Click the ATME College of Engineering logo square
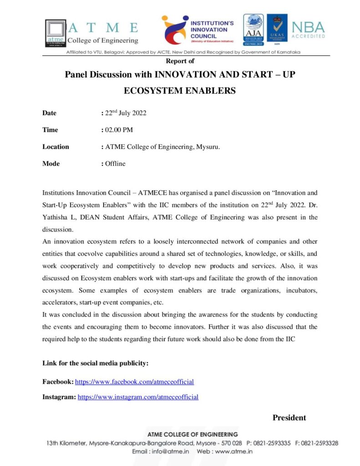point(55,31)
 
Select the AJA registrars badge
point(253,29)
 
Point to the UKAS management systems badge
point(277,29)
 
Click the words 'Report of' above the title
point(180,61)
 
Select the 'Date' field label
point(49,113)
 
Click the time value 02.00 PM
point(119,130)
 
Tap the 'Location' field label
point(56,147)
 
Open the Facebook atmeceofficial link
point(134,382)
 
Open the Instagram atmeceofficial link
point(138,397)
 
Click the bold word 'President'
point(289,418)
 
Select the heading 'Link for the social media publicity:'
point(95,363)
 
